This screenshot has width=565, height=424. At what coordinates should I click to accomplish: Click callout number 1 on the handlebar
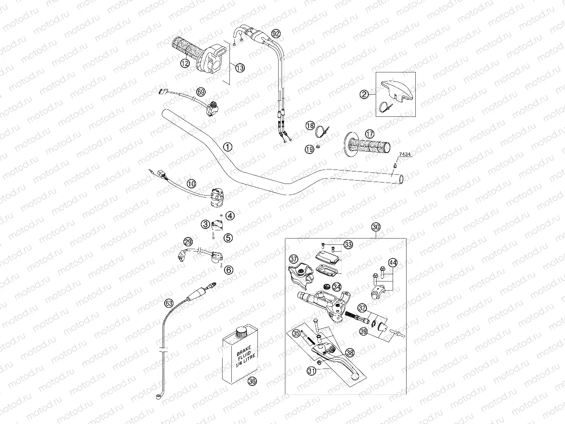[x=228, y=146]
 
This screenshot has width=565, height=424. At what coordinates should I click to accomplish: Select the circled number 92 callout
[x=275, y=34]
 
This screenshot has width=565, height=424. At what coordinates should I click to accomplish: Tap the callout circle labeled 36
[x=252, y=381]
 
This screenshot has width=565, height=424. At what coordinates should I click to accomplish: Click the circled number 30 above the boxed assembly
[x=376, y=227]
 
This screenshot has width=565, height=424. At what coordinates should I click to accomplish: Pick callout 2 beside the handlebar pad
[x=365, y=95]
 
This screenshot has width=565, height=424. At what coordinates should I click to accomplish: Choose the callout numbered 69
[x=201, y=92]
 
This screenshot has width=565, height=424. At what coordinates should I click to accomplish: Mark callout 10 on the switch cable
[x=192, y=184]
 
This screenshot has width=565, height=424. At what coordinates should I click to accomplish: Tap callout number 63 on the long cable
[x=169, y=303]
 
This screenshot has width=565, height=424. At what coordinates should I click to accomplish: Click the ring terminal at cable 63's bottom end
[x=159, y=397]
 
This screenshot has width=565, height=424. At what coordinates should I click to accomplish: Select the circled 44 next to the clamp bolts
[x=393, y=263]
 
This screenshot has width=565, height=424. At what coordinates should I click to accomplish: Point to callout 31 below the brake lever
[x=312, y=370]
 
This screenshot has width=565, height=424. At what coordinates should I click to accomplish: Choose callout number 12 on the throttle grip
[x=184, y=63]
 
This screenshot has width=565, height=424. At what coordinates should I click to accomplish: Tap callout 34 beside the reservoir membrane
[x=337, y=286]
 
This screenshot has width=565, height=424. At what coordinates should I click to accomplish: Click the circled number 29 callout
[x=188, y=241]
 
